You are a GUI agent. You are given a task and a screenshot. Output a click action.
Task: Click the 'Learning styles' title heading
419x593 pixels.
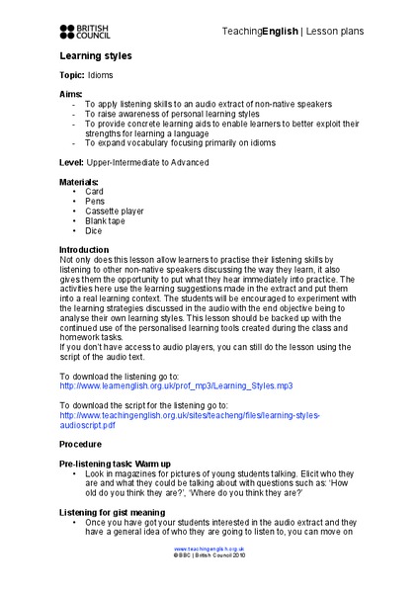point(95,56)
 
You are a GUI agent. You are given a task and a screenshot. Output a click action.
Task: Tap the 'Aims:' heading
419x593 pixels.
point(71,94)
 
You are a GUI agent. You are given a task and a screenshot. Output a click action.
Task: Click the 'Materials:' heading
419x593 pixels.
point(80,181)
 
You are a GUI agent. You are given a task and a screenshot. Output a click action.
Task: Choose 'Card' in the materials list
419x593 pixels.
point(94,191)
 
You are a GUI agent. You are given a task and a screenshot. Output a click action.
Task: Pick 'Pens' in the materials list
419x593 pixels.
point(95,201)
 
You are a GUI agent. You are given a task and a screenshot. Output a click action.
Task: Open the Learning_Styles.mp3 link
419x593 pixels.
point(176,385)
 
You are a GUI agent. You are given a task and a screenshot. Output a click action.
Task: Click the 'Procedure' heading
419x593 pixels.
point(83,445)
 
